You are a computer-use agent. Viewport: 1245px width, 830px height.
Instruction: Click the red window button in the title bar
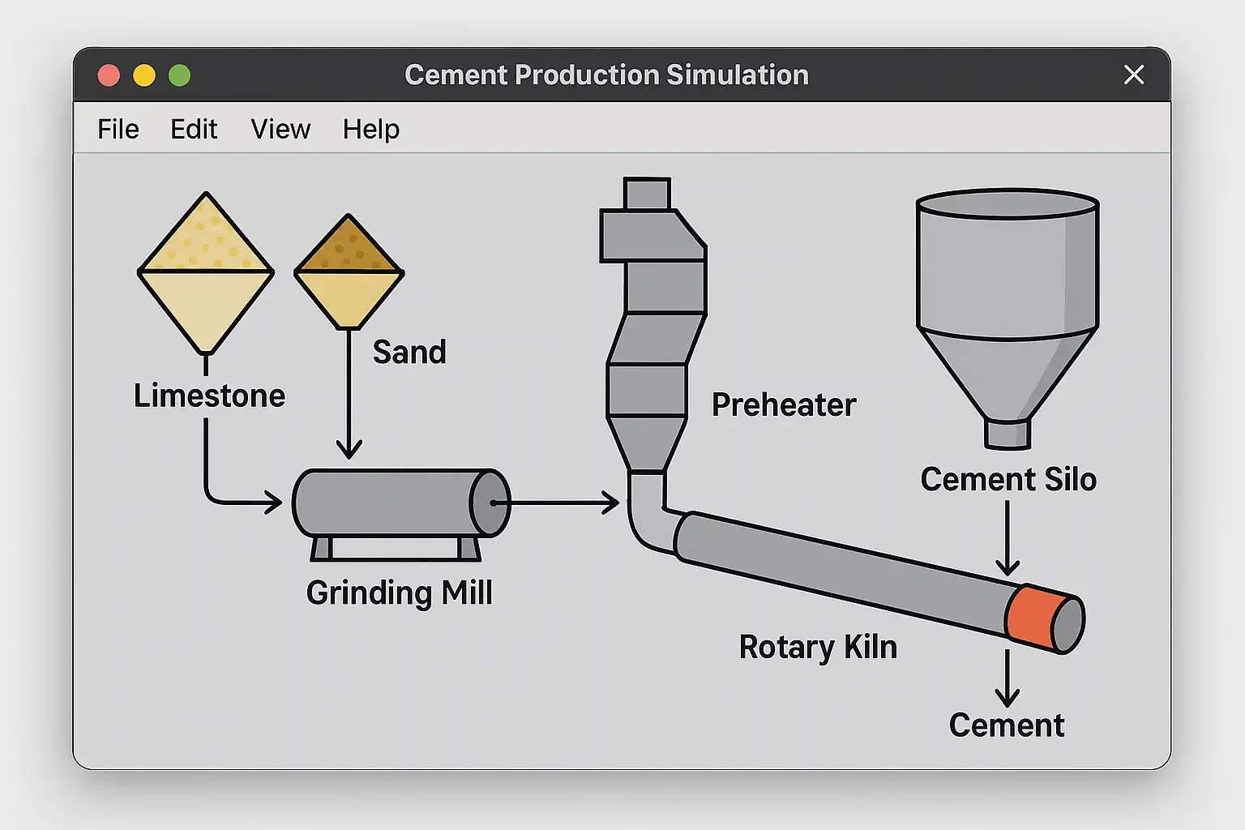(x=109, y=75)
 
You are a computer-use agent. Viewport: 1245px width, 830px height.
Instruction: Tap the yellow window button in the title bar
(x=144, y=75)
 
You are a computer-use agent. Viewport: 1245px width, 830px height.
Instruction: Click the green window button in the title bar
(x=179, y=75)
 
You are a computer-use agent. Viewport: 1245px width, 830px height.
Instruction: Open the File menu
(x=118, y=129)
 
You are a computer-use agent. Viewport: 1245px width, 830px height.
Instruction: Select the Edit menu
(x=194, y=129)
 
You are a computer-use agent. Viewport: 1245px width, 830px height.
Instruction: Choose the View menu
(x=280, y=129)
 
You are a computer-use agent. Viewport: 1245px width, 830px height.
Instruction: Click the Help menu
(x=370, y=129)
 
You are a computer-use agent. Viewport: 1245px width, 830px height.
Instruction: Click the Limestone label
(x=209, y=396)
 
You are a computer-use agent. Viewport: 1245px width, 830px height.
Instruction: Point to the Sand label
(x=409, y=352)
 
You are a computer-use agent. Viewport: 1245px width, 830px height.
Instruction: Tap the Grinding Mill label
(x=400, y=593)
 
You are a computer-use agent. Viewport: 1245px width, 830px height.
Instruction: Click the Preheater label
(x=784, y=404)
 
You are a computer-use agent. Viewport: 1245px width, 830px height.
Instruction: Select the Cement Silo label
(x=1008, y=479)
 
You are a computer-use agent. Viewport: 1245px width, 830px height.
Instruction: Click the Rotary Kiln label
(x=818, y=647)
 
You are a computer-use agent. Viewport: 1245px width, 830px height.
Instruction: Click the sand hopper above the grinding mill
(x=349, y=272)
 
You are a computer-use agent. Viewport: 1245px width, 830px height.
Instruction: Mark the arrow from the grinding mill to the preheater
(x=559, y=503)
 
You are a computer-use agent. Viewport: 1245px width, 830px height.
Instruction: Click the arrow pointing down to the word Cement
(x=1007, y=679)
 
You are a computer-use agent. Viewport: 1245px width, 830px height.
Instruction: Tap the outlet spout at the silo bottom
(x=1007, y=434)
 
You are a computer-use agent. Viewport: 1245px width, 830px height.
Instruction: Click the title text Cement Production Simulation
(x=606, y=75)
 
